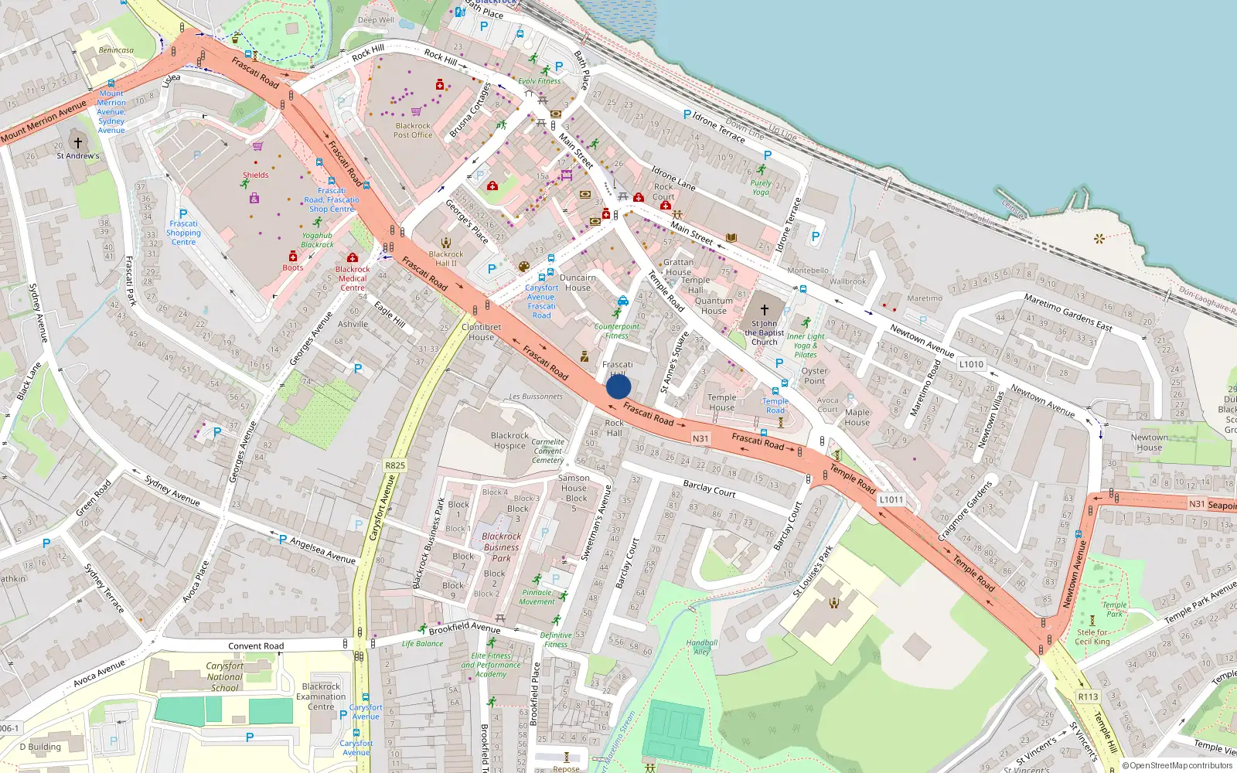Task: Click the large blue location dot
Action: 618,386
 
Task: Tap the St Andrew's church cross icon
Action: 77,142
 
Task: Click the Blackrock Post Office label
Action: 413,130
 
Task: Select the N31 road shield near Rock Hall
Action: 700,438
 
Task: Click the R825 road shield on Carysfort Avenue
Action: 395,465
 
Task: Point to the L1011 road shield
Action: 891,499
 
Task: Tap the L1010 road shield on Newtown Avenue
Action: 971,364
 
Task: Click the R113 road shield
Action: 1088,696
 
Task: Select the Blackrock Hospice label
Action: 509,441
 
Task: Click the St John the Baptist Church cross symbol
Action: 764,309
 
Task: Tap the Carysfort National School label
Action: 224,676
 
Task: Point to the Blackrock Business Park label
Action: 501,547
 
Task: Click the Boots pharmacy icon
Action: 293,257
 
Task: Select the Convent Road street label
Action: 256,646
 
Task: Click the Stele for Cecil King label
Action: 1092,636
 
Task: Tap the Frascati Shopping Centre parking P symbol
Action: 183,214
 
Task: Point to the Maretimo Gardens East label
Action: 1068,312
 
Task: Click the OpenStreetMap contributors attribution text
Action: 1177,766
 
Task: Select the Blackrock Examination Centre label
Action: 321,696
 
